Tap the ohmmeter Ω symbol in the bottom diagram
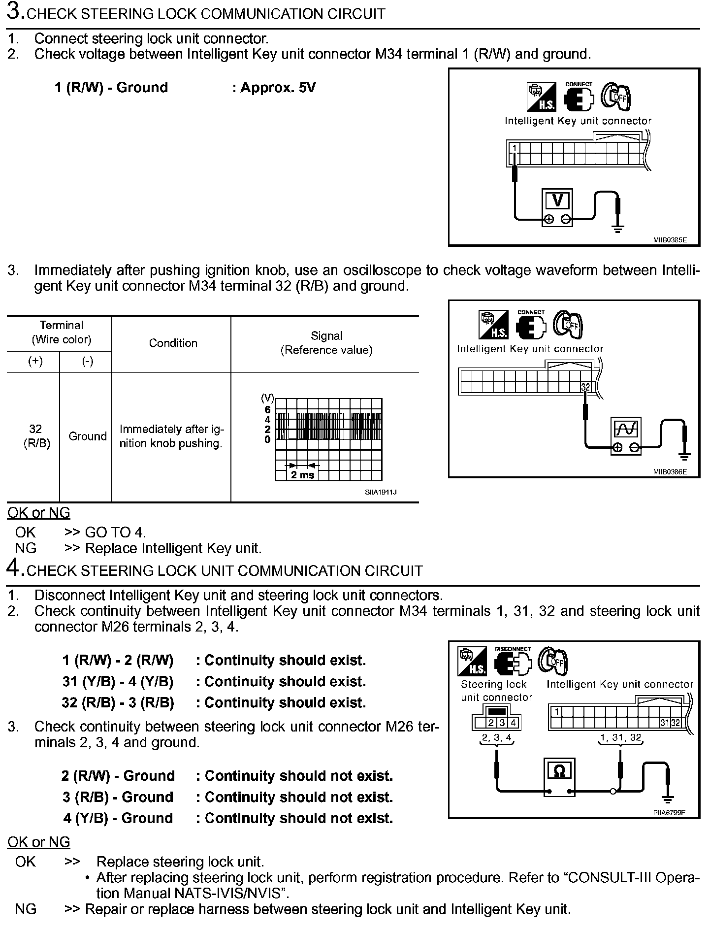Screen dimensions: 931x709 [x=559, y=771]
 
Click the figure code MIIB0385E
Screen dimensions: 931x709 [x=670, y=240]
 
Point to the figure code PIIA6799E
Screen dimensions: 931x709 [x=669, y=813]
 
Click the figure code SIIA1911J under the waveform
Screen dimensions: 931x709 [x=381, y=492]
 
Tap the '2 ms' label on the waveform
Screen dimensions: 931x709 [x=302, y=475]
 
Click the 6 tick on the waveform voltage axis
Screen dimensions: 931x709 [x=267, y=410]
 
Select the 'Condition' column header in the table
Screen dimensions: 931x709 [x=173, y=343]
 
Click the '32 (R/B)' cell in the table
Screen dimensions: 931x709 [x=36, y=436]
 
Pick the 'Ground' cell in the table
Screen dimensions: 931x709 [x=87, y=436]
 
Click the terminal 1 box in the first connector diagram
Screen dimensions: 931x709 [x=514, y=148]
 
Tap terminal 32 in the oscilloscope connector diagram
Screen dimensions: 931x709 [x=585, y=387]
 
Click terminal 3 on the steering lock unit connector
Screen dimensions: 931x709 [x=502, y=723]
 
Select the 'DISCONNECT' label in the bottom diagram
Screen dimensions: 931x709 [x=513, y=649]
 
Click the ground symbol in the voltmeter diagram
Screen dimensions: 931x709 [x=617, y=228]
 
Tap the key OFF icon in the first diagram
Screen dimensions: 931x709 [x=616, y=97]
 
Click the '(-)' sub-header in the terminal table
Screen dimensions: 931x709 [x=87, y=362]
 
